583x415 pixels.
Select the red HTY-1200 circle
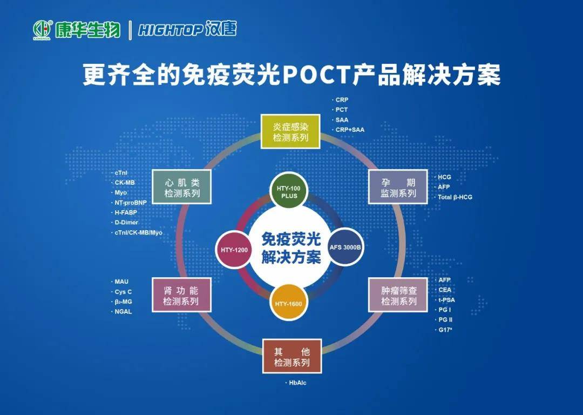tap(234, 250)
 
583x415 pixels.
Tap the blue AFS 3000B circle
tap(345, 247)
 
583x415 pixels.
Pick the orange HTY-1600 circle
tap(288, 303)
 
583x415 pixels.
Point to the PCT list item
tap(342, 110)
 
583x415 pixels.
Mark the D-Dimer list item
tap(126, 223)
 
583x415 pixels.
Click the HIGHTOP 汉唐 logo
tap(187, 29)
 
